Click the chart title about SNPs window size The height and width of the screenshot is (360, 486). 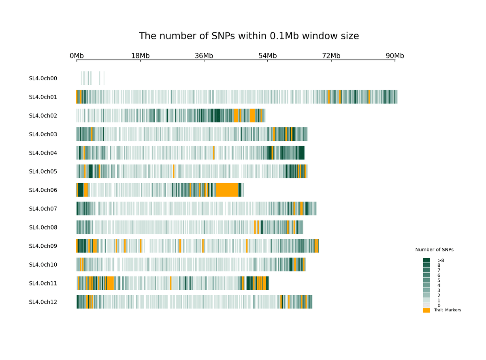point(249,36)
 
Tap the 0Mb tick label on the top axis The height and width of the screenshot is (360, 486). point(77,56)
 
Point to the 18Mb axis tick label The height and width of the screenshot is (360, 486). point(141,56)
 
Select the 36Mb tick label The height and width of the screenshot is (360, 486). point(204,56)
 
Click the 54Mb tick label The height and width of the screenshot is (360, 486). point(267,56)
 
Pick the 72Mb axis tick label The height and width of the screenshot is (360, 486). point(331,56)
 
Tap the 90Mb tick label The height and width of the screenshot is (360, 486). point(394,56)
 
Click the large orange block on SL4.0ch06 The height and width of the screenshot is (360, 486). point(227,190)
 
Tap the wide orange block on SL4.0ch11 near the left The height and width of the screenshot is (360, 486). point(110,283)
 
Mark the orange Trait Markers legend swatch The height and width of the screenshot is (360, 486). point(426,310)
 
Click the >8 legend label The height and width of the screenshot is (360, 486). point(441,260)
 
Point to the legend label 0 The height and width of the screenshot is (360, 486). point(439,306)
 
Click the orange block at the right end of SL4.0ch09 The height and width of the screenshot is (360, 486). point(317,246)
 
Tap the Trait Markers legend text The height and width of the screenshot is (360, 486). point(448,310)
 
